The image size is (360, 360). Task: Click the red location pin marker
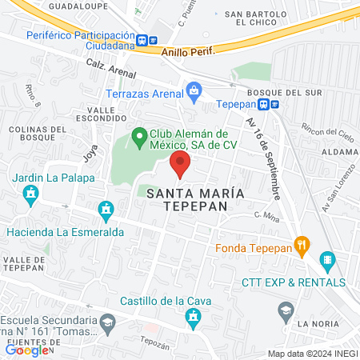180,165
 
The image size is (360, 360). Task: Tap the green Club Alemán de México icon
139,136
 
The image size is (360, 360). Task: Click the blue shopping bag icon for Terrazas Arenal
193,90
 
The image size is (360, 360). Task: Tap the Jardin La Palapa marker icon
32,194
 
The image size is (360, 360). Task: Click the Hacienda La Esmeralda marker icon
105,210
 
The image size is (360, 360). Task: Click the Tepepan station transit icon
274,104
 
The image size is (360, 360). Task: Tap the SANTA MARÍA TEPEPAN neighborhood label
183,199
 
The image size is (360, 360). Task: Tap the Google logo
26,350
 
